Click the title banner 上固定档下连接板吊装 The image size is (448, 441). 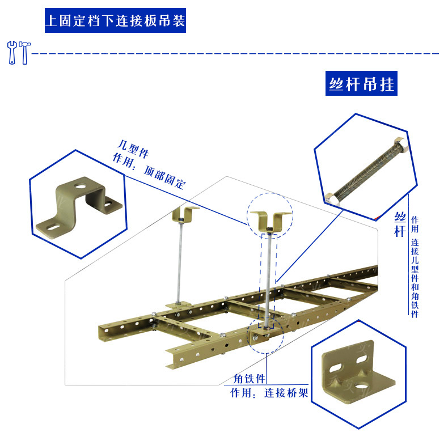(x=116, y=20)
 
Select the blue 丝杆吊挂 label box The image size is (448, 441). (x=361, y=83)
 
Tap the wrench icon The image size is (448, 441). (x=12, y=53)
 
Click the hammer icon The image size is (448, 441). (x=24, y=53)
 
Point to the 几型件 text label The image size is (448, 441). (x=133, y=149)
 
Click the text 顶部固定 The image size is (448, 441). (x=164, y=177)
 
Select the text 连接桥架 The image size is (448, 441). (x=286, y=393)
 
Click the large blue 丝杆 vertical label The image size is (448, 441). (x=400, y=225)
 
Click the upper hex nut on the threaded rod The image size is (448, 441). (x=400, y=145)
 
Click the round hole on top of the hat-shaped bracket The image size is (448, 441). (x=81, y=186)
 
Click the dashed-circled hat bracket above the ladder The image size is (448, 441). (x=270, y=221)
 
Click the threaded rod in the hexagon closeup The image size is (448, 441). (x=367, y=172)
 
